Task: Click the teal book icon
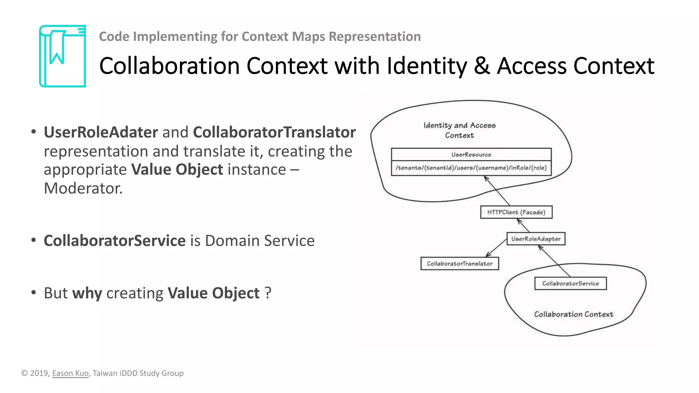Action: pyautogui.click(x=62, y=56)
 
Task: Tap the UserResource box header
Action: pyautogui.click(x=471, y=155)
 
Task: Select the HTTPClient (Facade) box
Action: pyautogui.click(x=516, y=212)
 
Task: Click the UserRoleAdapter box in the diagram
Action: pyautogui.click(x=536, y=239)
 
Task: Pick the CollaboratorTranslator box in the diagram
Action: pyautogui.click(x=459, y=264)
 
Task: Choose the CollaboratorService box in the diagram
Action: pyautogui.click(x=570, y=283)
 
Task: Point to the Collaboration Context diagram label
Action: pyautogui.click(x=573, y=314)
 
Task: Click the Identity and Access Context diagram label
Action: pyautogui.click(x=459, y=130)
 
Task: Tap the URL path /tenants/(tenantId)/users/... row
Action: pyautogui.click(x=471, y=168)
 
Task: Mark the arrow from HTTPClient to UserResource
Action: pyautogui.click(x=497, y=191)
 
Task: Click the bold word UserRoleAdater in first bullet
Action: pyautogui.click(x=101, y=132)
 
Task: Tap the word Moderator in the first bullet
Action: pyautogui.click(x=83, y=188)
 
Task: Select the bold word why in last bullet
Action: pyautogui.click(x=87, y=293)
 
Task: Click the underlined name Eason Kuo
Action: pyautogui.click(x=70, y=373)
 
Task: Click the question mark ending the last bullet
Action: pyautogui.click(x=268, y=293)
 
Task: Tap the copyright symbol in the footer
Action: pyautogui.click(x=25, y=373)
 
